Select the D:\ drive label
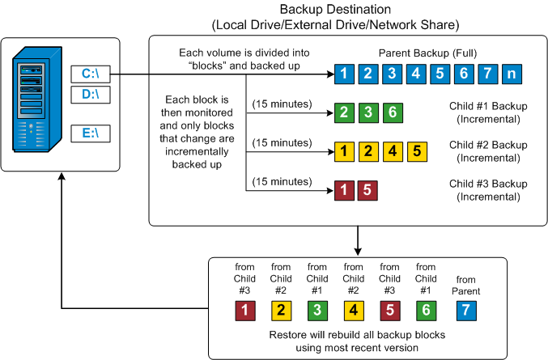click(x=90, y=95)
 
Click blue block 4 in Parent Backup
click(x=417, y=75)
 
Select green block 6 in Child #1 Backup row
click(x=390, y=112)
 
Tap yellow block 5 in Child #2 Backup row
click(x=414, y=150)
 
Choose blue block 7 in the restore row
click(x=464, y=309)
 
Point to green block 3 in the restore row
click(x=317, y=309)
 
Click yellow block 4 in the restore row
click(x=354, y=309)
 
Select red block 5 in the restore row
click(x=390, y=309)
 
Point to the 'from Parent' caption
click(x=464, y=286)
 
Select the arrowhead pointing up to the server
click(x=62, y=179)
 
